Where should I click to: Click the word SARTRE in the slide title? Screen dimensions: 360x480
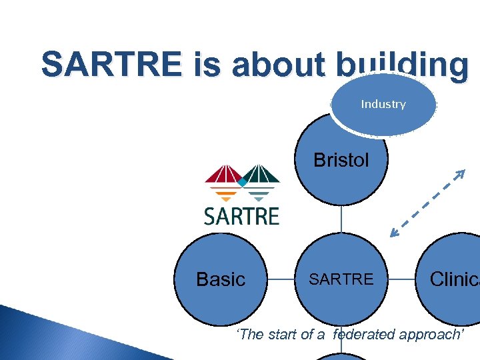(x=110, y=65)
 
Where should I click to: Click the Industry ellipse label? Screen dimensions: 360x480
(x=383, y=104)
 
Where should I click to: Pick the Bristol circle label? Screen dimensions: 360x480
(x=341, y=160)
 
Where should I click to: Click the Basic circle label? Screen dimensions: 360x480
(x=221, y=279)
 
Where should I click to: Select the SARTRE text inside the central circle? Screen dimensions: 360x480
(x=341, y=279)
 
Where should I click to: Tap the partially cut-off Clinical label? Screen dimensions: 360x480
(x=455, y=279)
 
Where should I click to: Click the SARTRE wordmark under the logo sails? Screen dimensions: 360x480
(x=241, y=216)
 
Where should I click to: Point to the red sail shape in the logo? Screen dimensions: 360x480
(x=223, y=175)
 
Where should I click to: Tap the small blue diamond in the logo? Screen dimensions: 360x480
(x=243, y=181)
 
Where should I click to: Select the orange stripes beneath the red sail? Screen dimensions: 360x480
(x=227, y=194)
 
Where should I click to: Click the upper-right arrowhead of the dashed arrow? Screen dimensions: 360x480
(x=459, y=175)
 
